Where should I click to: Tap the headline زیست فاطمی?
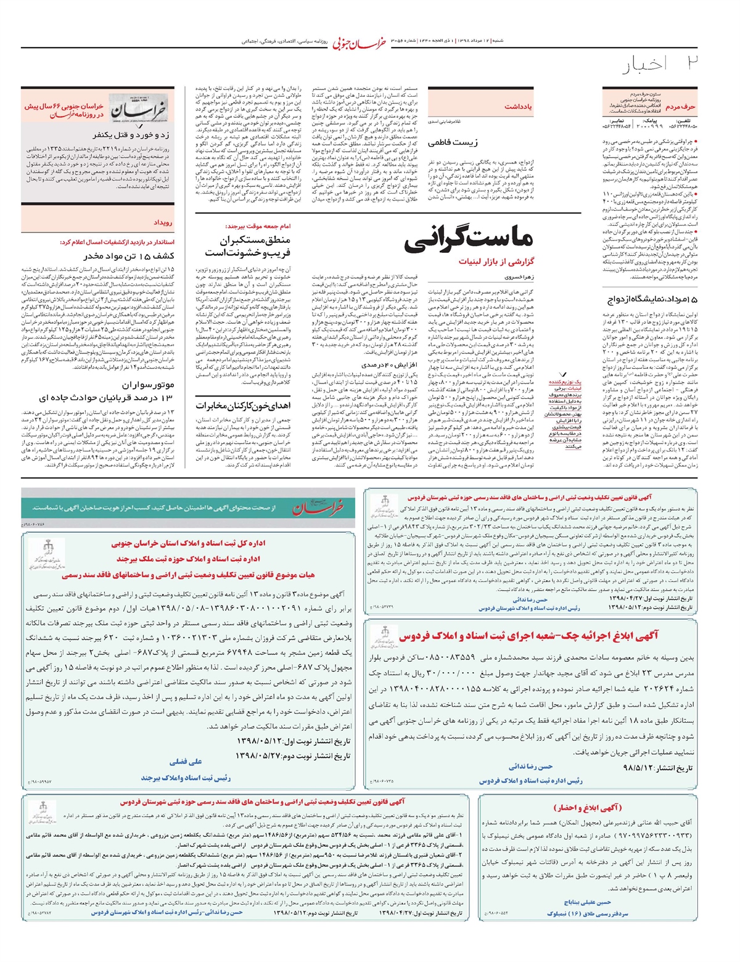pos(453,142)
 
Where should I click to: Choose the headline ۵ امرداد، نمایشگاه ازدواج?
pos(653,300)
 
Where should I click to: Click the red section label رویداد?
pos(163,223)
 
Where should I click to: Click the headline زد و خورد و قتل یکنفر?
pos(132,134)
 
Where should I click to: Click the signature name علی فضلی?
pos(186,762)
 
